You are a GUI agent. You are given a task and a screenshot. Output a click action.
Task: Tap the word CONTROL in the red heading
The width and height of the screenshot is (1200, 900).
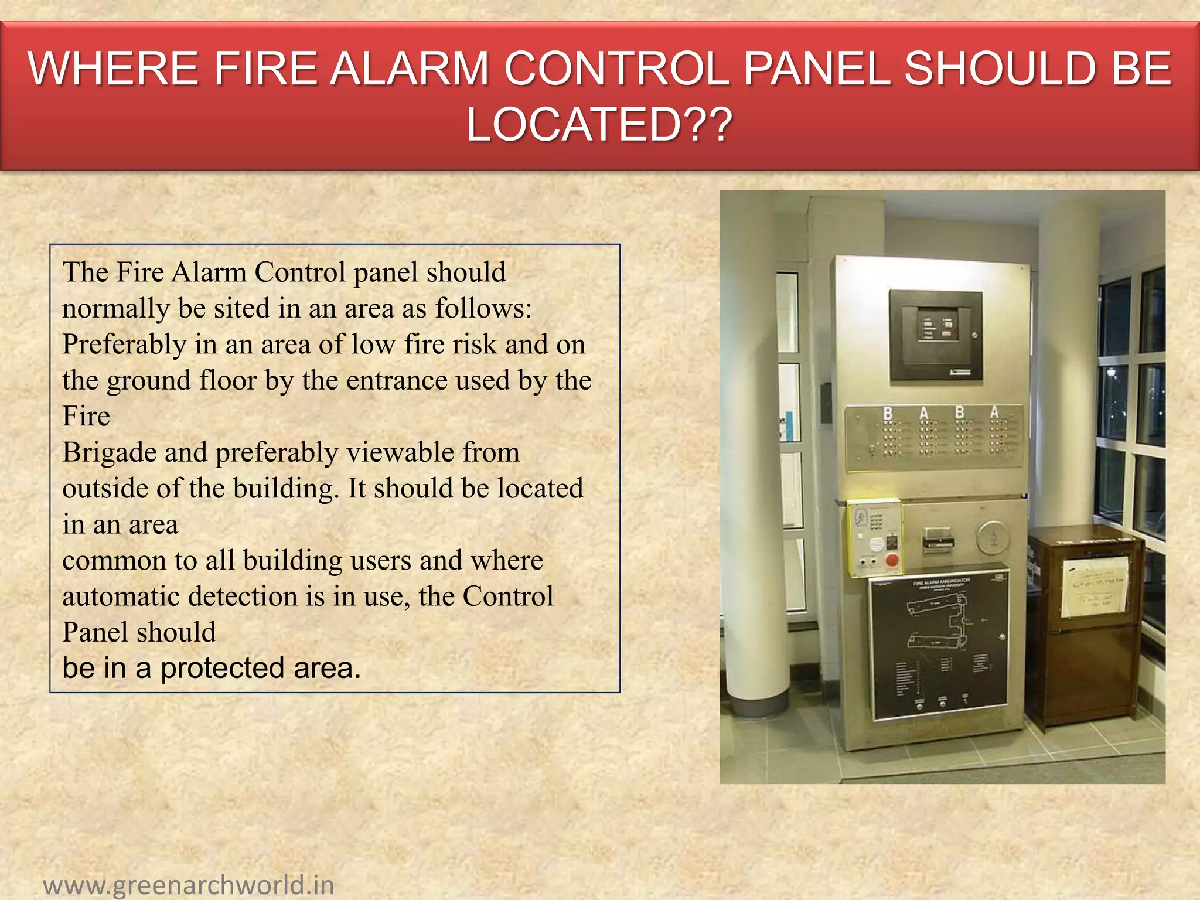tap(616, 69)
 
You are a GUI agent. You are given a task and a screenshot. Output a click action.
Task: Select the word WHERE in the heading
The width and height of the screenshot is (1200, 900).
tap(112, 69)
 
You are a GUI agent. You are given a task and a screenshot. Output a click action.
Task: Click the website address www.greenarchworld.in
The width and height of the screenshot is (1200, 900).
tap(189, 884)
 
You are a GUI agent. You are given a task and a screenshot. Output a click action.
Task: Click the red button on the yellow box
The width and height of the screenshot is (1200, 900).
tap(892, 560)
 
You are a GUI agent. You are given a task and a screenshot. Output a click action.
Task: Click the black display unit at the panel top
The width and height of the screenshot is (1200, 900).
tap(936, 336)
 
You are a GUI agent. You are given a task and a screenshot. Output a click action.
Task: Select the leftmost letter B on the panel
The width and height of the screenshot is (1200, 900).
tap(888, 414)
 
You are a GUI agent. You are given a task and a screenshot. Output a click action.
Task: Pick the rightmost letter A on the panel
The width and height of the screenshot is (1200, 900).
tap(994, 412)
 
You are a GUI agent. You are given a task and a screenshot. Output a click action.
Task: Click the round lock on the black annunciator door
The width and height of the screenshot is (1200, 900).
tap(1003, 637)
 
